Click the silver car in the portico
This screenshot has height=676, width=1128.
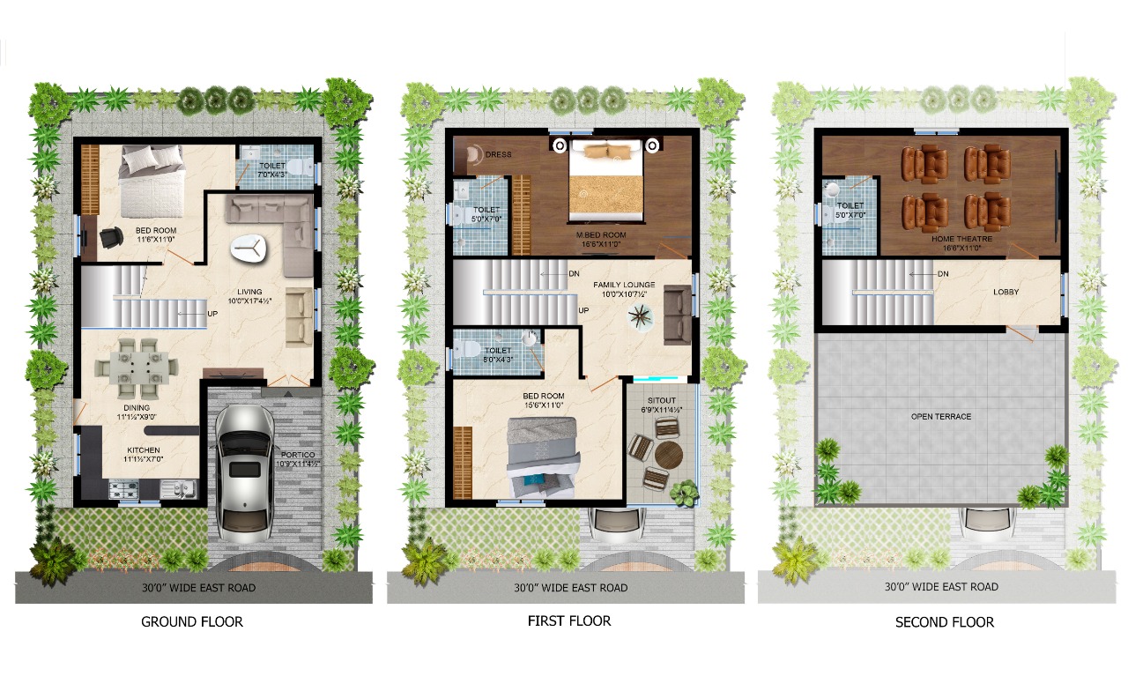point(245,473)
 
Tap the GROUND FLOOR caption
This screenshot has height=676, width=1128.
point(192,621)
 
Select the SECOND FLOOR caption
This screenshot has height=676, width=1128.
point(945,622)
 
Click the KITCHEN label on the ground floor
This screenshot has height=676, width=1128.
point(144,449)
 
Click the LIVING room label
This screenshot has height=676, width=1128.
point(249,292)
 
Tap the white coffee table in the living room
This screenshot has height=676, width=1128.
point(249,249)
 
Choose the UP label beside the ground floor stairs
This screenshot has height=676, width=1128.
point(212,313)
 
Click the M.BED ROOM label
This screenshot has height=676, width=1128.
point(601,234)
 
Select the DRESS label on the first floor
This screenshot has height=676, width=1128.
point(499,154)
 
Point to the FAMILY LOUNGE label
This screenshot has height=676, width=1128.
point(625,285)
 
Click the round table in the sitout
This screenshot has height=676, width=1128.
point(669,456)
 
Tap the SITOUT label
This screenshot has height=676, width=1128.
point(662,400)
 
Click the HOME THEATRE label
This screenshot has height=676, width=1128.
point(961,239)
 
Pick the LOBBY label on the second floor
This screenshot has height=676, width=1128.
point(1006,292)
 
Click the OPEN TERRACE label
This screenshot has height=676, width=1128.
point(941,417)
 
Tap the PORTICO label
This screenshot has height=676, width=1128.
point(298,455)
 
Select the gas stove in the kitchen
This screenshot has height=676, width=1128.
point(123,488)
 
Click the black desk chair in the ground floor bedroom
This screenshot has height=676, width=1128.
point(111,237)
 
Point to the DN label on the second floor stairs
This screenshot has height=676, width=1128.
point(943,274)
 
